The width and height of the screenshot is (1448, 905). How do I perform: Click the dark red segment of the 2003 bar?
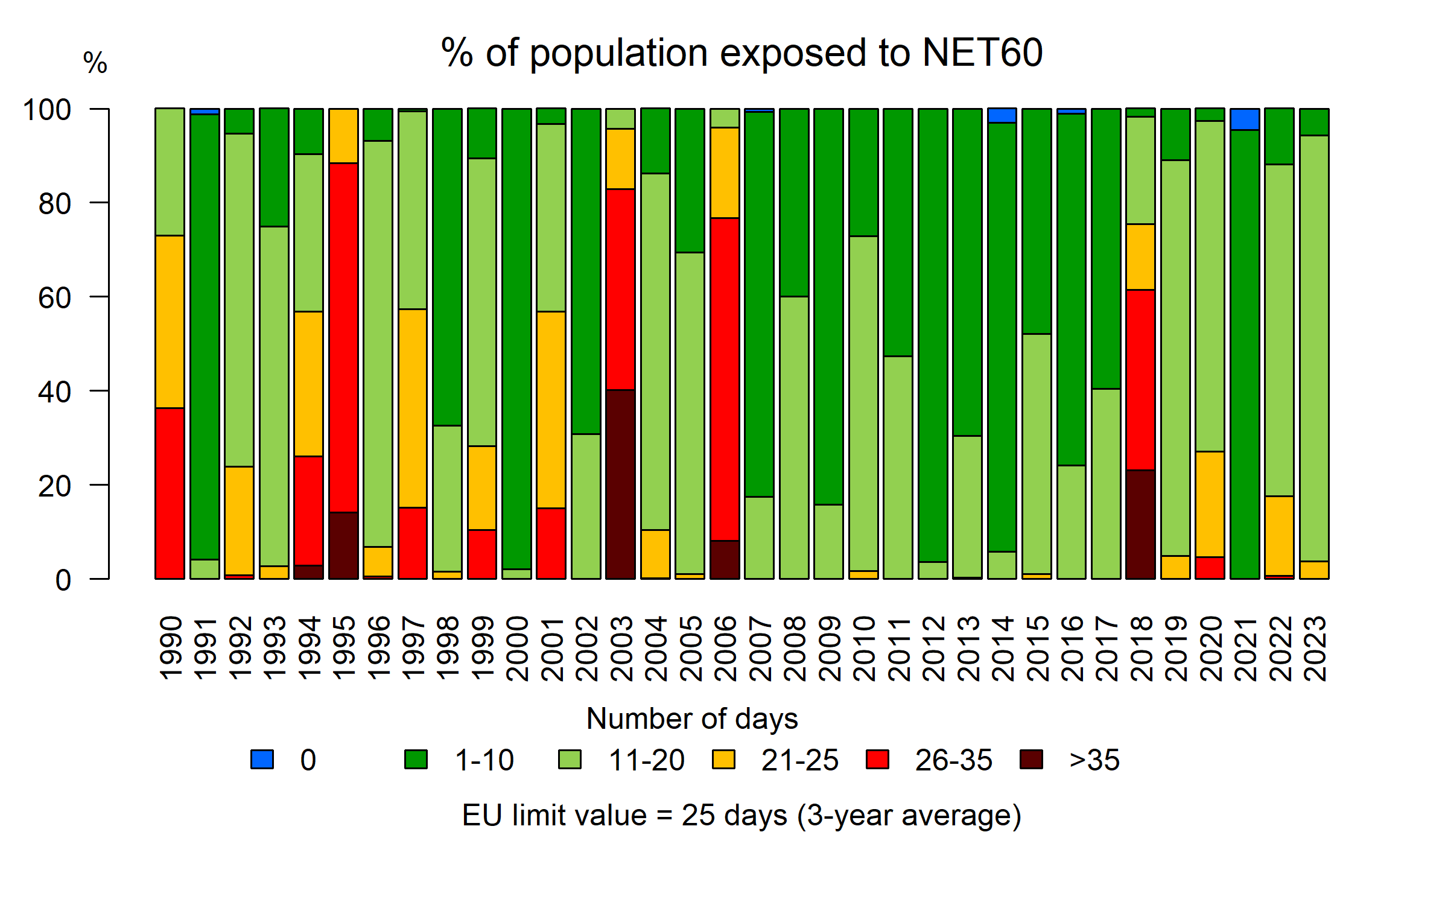click(621, 484)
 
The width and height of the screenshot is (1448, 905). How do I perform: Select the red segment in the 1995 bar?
click(343, 338)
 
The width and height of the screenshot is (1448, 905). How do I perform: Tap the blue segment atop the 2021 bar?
click(1245, 119)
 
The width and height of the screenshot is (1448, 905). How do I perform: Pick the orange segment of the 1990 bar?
click(170, 322)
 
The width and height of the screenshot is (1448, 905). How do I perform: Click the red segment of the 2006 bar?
click(725, 379)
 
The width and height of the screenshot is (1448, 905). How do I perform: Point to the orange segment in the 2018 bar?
click(1140, 257)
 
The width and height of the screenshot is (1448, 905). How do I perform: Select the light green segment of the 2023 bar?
click(1314, 348)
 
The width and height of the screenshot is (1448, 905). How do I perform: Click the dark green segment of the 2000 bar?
click(516, 338)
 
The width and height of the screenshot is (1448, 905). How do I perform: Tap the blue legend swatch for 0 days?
click(262, 759)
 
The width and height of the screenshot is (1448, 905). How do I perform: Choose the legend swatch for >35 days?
click(1031, 759)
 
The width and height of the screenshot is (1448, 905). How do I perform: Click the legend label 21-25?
click(799, 760)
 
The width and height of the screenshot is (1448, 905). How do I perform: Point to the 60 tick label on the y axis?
click(54, 298)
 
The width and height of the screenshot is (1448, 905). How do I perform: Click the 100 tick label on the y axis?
click(46, 110)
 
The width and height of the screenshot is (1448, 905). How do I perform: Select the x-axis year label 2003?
click(621, 649)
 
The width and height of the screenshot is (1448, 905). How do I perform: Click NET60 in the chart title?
click(982, 52)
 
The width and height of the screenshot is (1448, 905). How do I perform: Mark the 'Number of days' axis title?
click(691, 719)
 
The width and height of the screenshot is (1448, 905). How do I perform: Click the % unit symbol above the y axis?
click(95, 63)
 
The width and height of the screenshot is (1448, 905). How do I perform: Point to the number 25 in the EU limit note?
click(698, 816)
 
